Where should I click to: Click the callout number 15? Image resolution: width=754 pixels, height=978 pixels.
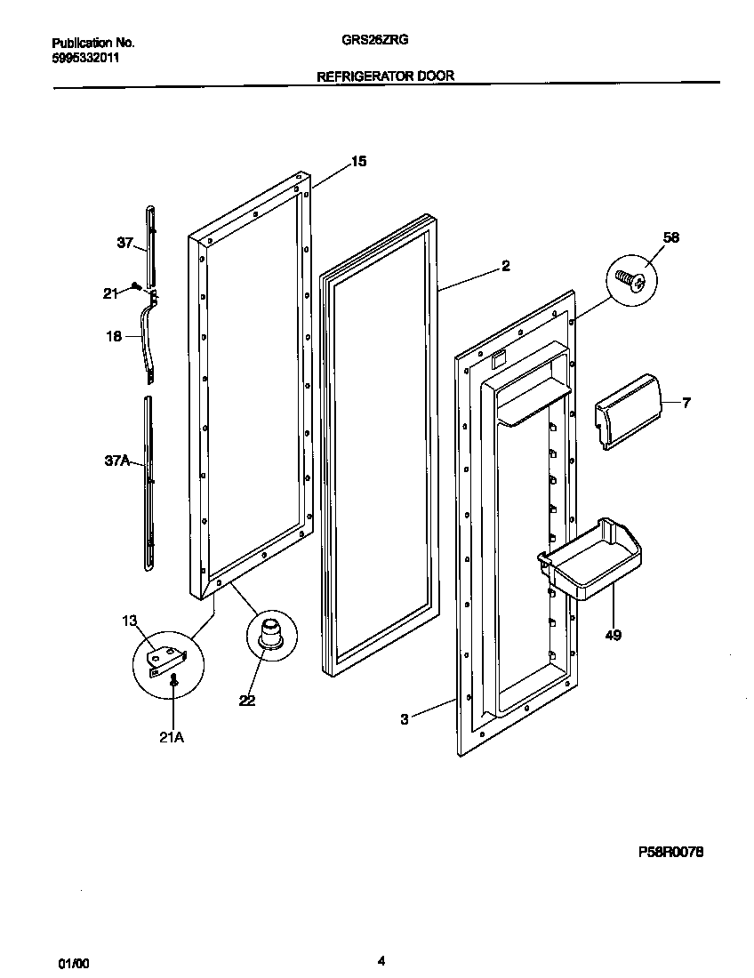(357, 162)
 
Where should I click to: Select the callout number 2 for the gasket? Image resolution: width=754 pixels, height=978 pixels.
(505, 265)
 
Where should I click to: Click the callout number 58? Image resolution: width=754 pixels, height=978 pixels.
(670, 237)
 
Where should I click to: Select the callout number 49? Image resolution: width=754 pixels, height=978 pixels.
(613, 635)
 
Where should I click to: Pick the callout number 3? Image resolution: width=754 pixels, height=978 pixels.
(405, 719)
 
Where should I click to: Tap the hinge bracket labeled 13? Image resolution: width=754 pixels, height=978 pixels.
(165, 656)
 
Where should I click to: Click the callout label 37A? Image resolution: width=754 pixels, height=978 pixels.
(116, 460)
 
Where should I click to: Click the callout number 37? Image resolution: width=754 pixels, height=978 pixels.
(124, 242)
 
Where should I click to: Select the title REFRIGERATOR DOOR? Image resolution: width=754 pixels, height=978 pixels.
(386, 76)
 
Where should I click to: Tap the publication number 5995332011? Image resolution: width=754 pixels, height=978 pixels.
(86, 58)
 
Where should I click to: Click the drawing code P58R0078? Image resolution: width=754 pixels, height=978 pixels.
(671, 852)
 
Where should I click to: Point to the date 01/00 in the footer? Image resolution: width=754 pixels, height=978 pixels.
(74, 963)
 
